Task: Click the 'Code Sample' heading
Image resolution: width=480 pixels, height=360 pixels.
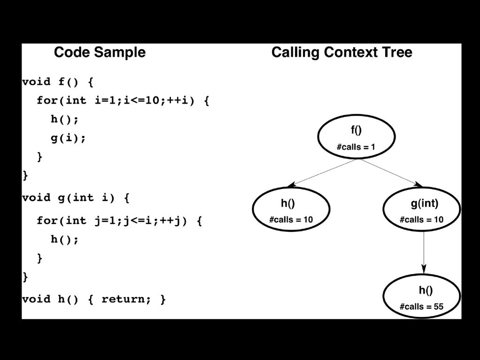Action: coord(99,52)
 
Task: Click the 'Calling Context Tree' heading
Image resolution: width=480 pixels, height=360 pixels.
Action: coord(342,52)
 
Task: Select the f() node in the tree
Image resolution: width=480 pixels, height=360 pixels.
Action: coord(356,137)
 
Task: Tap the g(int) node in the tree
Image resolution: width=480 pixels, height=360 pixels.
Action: coord(421,209)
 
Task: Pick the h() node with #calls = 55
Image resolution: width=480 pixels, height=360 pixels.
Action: coord(421,296)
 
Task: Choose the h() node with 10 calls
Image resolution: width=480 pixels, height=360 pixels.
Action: coord(291,209)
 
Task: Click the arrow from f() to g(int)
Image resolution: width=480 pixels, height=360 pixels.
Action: coord(391,172)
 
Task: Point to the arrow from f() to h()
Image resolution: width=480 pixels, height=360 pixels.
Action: coord(321,172)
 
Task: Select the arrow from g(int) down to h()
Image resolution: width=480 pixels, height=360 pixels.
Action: coord(424,253)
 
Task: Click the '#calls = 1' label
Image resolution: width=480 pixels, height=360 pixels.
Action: coord(356,147)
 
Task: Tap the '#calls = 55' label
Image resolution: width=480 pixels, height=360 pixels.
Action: coord(421,307)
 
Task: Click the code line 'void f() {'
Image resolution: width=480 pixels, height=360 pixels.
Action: coord(58,82)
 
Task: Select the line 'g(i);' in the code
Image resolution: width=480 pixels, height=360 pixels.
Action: coord(68,138)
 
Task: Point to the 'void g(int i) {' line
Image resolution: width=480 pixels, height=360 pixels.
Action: coord(76,198)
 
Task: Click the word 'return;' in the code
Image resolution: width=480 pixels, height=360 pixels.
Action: coord(126,299)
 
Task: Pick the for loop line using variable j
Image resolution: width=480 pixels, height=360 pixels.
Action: coord(119,221)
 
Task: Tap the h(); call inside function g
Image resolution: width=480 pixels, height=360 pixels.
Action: coord(65,240)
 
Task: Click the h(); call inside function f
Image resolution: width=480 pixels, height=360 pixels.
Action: coord(65,119)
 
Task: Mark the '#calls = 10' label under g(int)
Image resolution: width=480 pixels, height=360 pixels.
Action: coord(421,219)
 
